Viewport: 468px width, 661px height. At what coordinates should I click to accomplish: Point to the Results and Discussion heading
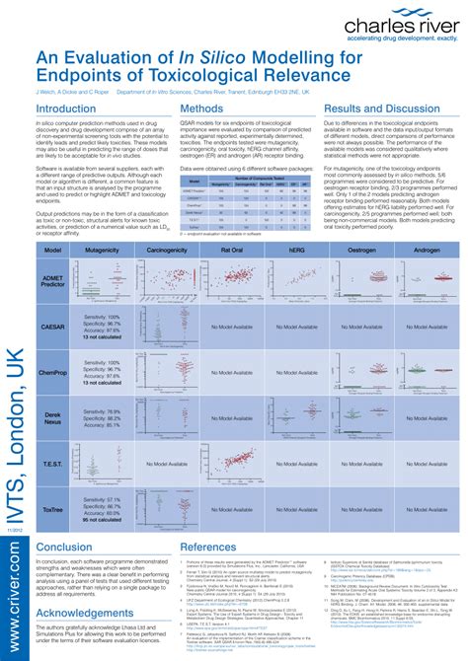coord(383,109)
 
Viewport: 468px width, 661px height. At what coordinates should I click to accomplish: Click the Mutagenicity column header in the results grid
coord(102,252)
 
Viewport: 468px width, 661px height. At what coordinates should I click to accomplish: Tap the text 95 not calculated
coord(103,520)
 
